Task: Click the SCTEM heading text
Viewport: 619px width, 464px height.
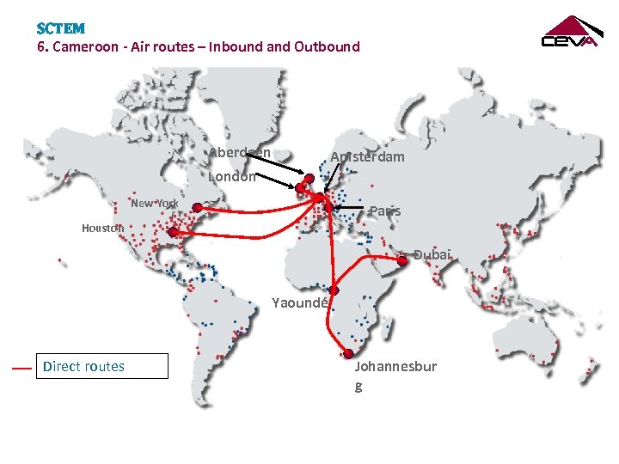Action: (61, 28)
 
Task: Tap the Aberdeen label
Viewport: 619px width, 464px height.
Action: (240, 153)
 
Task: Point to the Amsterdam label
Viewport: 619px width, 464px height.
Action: (368, 157)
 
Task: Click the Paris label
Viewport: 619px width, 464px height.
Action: (385, 211)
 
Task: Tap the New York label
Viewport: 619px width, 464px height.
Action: (155, 204)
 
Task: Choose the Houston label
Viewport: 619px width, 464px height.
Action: (102, 228)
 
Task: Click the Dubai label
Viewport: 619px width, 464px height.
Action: (432, 255)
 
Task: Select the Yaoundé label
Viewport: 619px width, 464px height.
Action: (299, 302)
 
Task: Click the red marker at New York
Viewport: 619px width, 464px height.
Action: (197, 207)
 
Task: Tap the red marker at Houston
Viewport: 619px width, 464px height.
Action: (173, 232)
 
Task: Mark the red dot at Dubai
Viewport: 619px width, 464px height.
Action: (402, 260)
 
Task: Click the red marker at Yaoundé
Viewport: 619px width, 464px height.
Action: (334, 290)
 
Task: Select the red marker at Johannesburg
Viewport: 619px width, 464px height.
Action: (349, 354)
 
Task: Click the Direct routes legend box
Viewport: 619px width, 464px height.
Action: (101, 367)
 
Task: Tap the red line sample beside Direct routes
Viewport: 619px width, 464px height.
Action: (22, 368)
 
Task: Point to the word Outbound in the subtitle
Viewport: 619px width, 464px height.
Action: (327, 46)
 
